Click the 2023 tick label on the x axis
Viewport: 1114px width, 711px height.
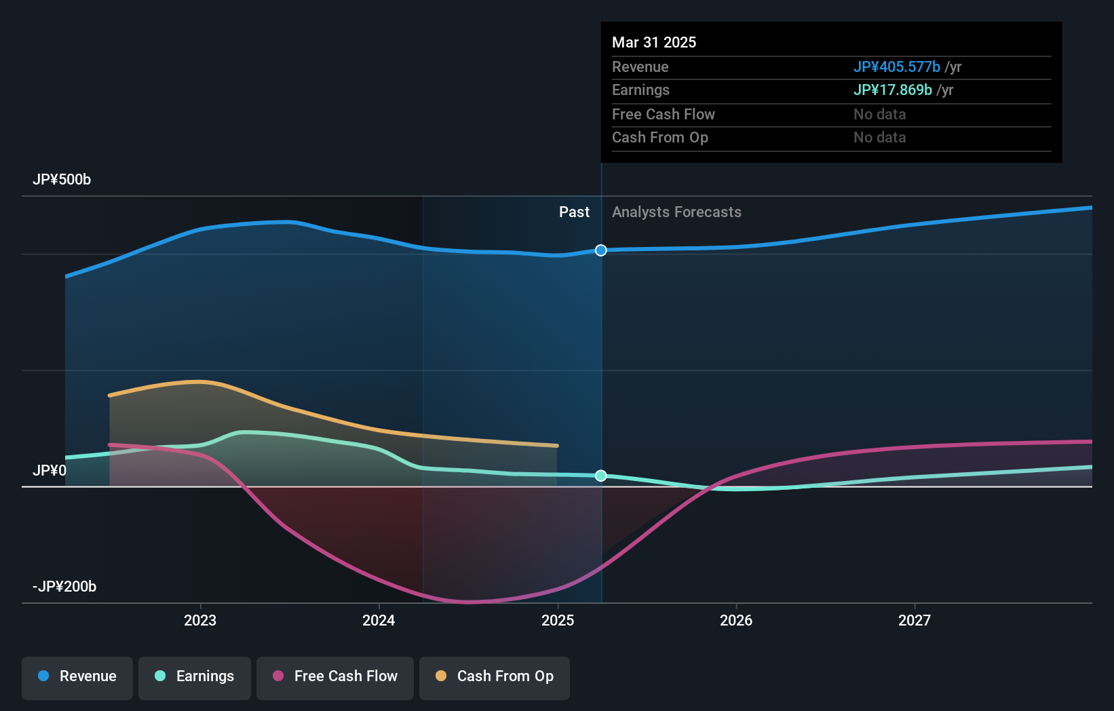tap(200, 620)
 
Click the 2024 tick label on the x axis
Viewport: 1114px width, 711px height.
tap(379, 620)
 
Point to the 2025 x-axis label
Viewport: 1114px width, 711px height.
tap(558, 620)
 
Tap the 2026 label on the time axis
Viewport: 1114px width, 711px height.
tap(736, 620)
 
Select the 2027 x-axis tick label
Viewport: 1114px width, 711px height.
tap(915, 620)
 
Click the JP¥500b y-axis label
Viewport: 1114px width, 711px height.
tap(62, 179)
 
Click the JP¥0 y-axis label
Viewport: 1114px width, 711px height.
tap(50, 470)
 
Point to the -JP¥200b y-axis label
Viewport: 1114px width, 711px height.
tap(64, 586)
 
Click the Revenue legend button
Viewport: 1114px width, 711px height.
tap(77, 676)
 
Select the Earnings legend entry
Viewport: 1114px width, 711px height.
tap(195, 676)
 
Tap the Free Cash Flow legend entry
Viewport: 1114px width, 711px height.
tap(335, 676)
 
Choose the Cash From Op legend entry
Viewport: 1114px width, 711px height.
tap(495, 676)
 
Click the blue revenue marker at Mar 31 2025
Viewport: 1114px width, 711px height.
tap(601, 250)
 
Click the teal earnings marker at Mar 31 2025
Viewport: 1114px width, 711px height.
tap(601, 476)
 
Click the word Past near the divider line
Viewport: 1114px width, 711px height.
tap(574, 212)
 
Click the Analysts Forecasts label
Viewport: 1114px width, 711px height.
tap(676, 212)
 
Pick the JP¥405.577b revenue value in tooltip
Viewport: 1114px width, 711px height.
tap(896, 66)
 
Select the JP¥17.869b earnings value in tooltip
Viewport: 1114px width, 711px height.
tap(892, 90)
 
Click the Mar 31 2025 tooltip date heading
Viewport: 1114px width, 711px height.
tap(654, 42)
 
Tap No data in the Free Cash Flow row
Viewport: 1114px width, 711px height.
tap(879, 114)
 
